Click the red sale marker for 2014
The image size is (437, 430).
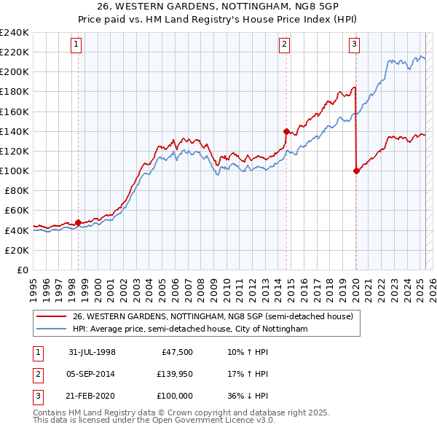pyautogui.click(x=286, y=131)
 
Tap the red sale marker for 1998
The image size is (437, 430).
pyautogui.click(x=78, y=222)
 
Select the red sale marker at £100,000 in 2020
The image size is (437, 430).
pyautogui.click(x=356, y=171)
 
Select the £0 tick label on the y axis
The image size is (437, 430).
pyautogui.click(x=22, y=270)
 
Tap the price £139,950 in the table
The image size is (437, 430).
pyautogui.click(x=173, y=374)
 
